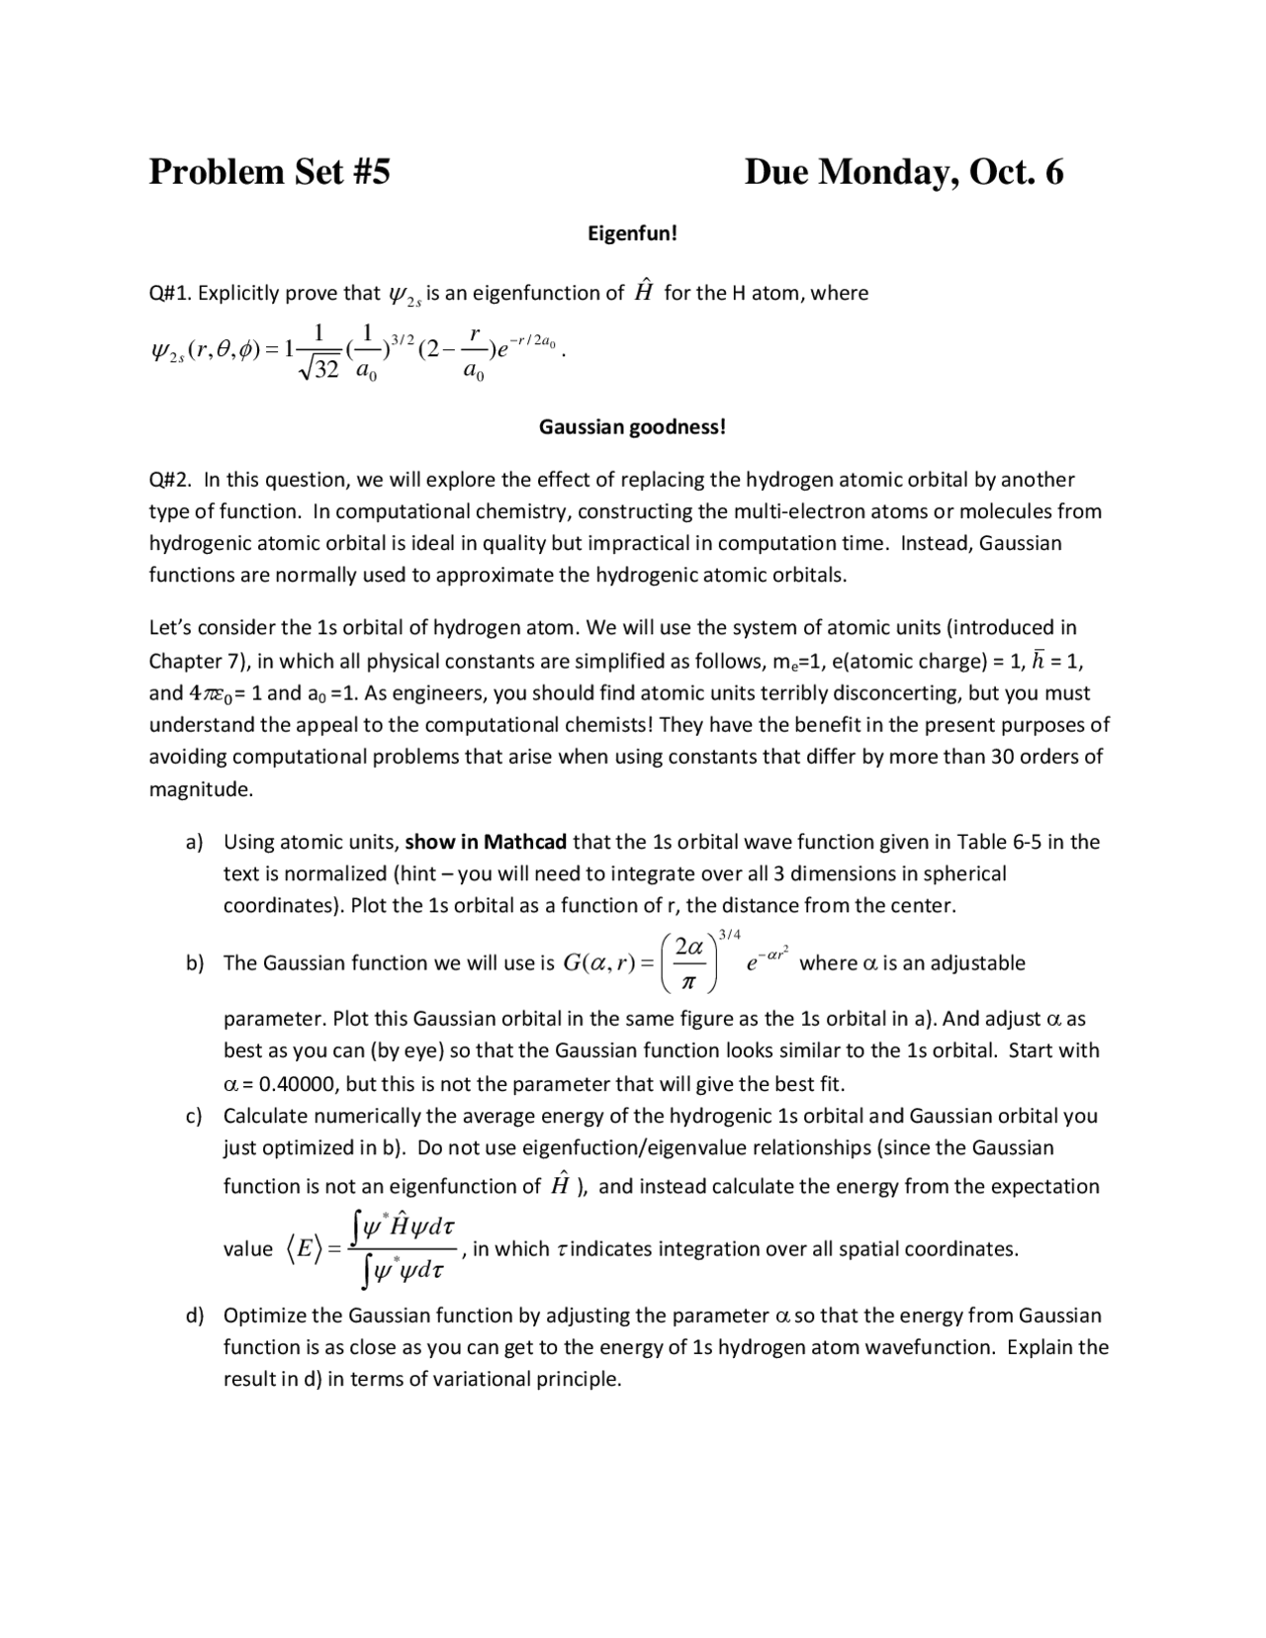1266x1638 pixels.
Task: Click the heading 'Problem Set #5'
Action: click(269, 172)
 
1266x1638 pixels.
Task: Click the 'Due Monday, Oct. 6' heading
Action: click(903, 172)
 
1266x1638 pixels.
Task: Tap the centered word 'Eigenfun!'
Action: click(632, 233)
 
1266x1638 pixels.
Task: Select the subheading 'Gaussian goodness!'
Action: click(632, 427)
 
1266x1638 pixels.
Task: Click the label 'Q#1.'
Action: click(168, 294)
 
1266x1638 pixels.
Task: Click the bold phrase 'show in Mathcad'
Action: click(486, 843)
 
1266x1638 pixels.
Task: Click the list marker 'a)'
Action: click(195, 843)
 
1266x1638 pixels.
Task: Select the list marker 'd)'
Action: click(195, 1316)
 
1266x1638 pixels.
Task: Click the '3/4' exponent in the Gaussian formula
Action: click(730, 935)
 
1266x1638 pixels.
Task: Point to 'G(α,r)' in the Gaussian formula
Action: click(599, 963)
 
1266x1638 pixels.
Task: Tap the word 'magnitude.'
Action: click(201, 789)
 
